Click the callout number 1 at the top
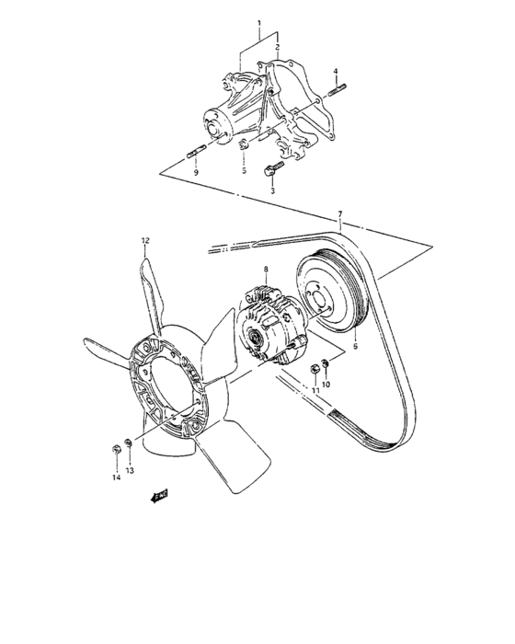coord(259,21)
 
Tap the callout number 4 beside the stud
coord(336,71)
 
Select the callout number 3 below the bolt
coord(272,191)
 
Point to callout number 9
coord(196,172)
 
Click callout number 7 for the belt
coord(340,215)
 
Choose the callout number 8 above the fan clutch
coord(265,270)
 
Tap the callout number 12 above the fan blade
coord(144,242)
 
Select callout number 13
coord(130,470)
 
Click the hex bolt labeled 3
coord(271,170)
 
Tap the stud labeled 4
coord(338,89)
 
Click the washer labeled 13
coord(129,446)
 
